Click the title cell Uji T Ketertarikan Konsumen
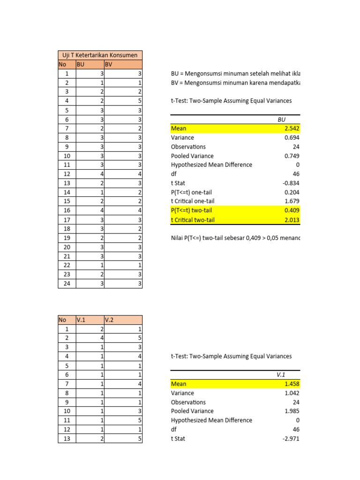tap(100, 55)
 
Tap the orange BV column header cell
tap(123, 65)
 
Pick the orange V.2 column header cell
tap(123, 320)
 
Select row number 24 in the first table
tap(67, 284)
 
